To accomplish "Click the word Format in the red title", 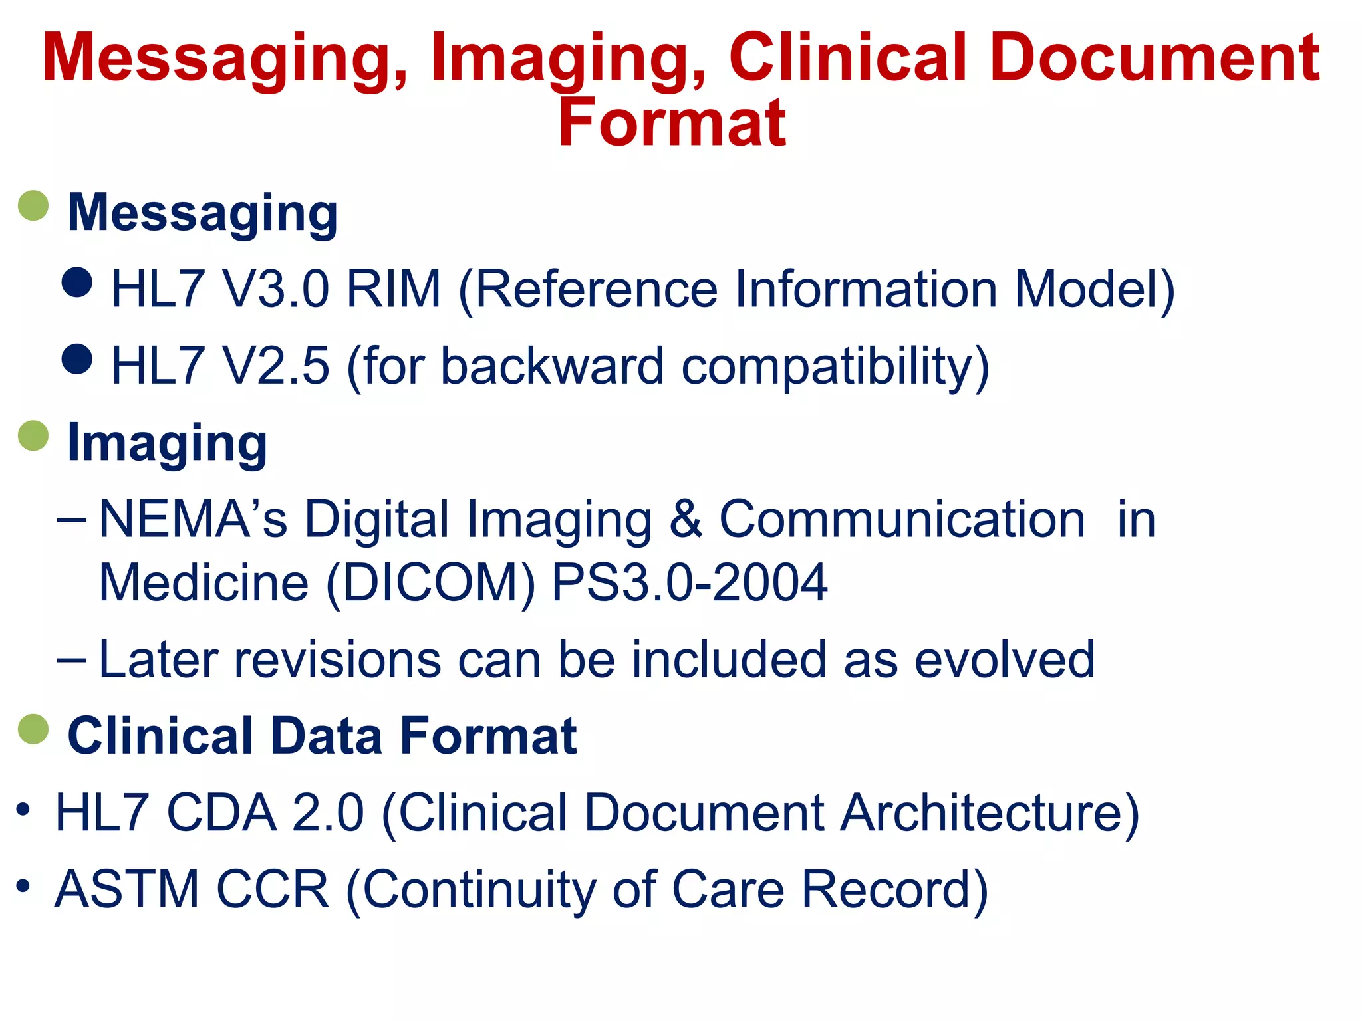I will pos(672,123).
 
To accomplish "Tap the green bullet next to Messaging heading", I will pos(33,206).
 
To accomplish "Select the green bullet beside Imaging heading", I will pos(33,436).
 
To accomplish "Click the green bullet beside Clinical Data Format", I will pos(33,730).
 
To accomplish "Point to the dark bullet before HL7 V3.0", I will pos(77,282).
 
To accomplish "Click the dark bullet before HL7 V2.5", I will pos(77,359).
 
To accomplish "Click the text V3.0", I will pos(275,290).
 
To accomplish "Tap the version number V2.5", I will pos(275,366).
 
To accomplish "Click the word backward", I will pos(552,366).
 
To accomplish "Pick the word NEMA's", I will pos(193,519).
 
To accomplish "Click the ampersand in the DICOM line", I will pos(686,519).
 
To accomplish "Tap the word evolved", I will pos(1004,660).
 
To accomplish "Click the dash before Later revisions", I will pos(71,660).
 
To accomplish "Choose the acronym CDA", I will pos(221,813).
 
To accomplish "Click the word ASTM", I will pos(127,889).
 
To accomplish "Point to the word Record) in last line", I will pos(894,889).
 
